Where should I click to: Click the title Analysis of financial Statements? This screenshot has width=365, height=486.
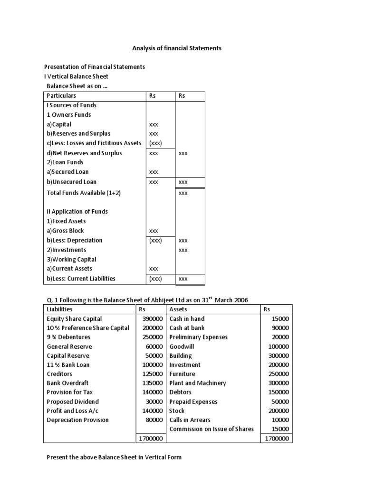coord(176,48)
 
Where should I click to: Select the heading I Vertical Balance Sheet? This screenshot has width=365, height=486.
coord(77,76)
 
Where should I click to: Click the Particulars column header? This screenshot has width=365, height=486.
coord(61,96)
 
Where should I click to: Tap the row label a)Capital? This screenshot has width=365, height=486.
coord(59,124)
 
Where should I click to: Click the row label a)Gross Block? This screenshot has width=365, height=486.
coord(65,231)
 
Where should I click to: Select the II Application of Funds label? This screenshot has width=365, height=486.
coord(77,212)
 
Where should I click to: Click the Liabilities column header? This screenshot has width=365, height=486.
coord(60,309)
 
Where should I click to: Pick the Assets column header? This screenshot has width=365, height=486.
coord(178,309)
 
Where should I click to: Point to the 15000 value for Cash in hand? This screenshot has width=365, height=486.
coord(280,319)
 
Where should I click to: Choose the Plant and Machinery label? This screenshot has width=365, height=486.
coord(198,383)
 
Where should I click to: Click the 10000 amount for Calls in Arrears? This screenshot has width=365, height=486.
coord(280,420)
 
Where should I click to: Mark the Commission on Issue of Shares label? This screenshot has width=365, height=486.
coord(211,429)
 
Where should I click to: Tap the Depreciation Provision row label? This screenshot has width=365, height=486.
coord(78,420)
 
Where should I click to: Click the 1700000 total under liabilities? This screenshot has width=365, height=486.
coord(151,439)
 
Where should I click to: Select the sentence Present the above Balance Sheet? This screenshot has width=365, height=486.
coord(114,458)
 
